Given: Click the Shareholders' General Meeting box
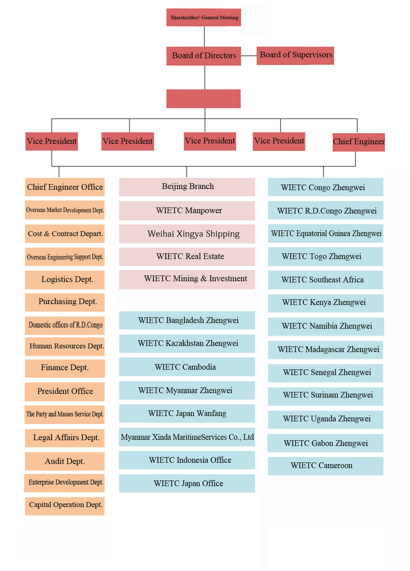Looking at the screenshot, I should pyautogui.click(x=204, y=17).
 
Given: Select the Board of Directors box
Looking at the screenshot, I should pyautogui.click(x=204, y=56).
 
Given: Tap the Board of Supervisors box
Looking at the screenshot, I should pyautogui.click(x=296, y=55).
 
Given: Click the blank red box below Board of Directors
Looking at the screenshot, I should pyautogui.click(x=203, y=99).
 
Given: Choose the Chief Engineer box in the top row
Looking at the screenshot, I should pyautogui.click(x=358, y=142).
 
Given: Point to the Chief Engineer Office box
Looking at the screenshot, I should pyautogui.click(x=65, y=187).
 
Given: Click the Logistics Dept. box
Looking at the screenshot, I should pyautogui.click(x=65, y=280).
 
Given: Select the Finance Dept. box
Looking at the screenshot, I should pyautogui.click(x=65, y=368).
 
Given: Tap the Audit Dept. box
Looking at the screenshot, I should pyautogui.click(x=65, y=462).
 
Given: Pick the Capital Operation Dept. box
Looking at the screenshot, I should pyautogui.click(x=65, y=505).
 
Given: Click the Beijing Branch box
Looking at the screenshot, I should pyautogui.click(x=187, y=187).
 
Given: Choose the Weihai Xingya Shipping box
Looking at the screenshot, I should pyautogui.click(x=187, y=234).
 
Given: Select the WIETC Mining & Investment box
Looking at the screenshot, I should pyautogui.click(x=187, y=279).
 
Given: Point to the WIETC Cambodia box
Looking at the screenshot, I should pyautogui.click(x=187, y=367).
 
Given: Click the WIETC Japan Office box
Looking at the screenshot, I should pyautogui.click(x=187, y=484).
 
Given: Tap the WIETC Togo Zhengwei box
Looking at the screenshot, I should pyautogui.click(x=326, y=257).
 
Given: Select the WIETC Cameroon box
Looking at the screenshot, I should pyautogui.click(x=326, y=466).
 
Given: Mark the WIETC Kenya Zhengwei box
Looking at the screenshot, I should pyautogui.click(x=326, y=303).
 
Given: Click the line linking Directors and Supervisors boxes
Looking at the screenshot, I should pyautogui.click(x=249, y=56).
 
